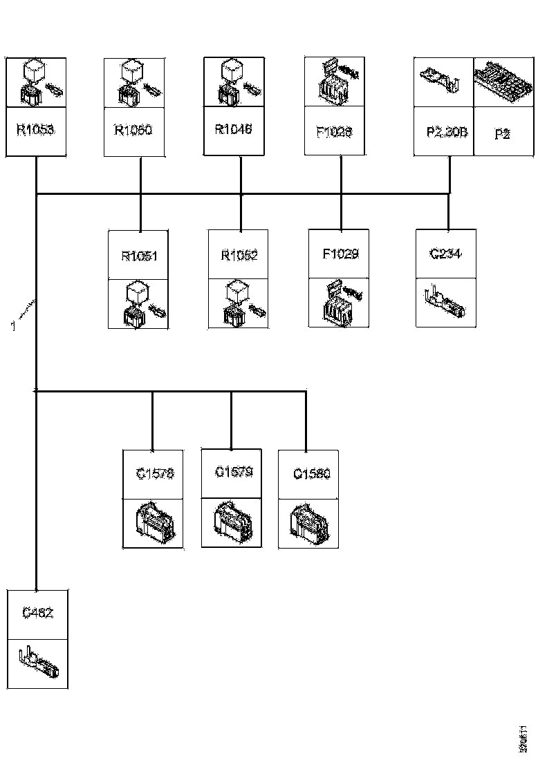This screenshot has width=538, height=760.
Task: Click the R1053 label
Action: tap(35, 129)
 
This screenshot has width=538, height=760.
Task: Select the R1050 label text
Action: tap(134, 129)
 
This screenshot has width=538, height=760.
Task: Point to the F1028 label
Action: tap(335, 130)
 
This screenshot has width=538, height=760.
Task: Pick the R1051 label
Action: tap(139, 256)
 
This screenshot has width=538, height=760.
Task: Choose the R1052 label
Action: tap(239, 256)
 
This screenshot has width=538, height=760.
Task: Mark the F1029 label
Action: tap(340, 254)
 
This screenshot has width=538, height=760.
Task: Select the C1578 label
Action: tap(154, 474)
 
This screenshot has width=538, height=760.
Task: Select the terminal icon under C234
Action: tap(446, 303)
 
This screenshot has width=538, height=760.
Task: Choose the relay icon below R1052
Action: tap(239, 303)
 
